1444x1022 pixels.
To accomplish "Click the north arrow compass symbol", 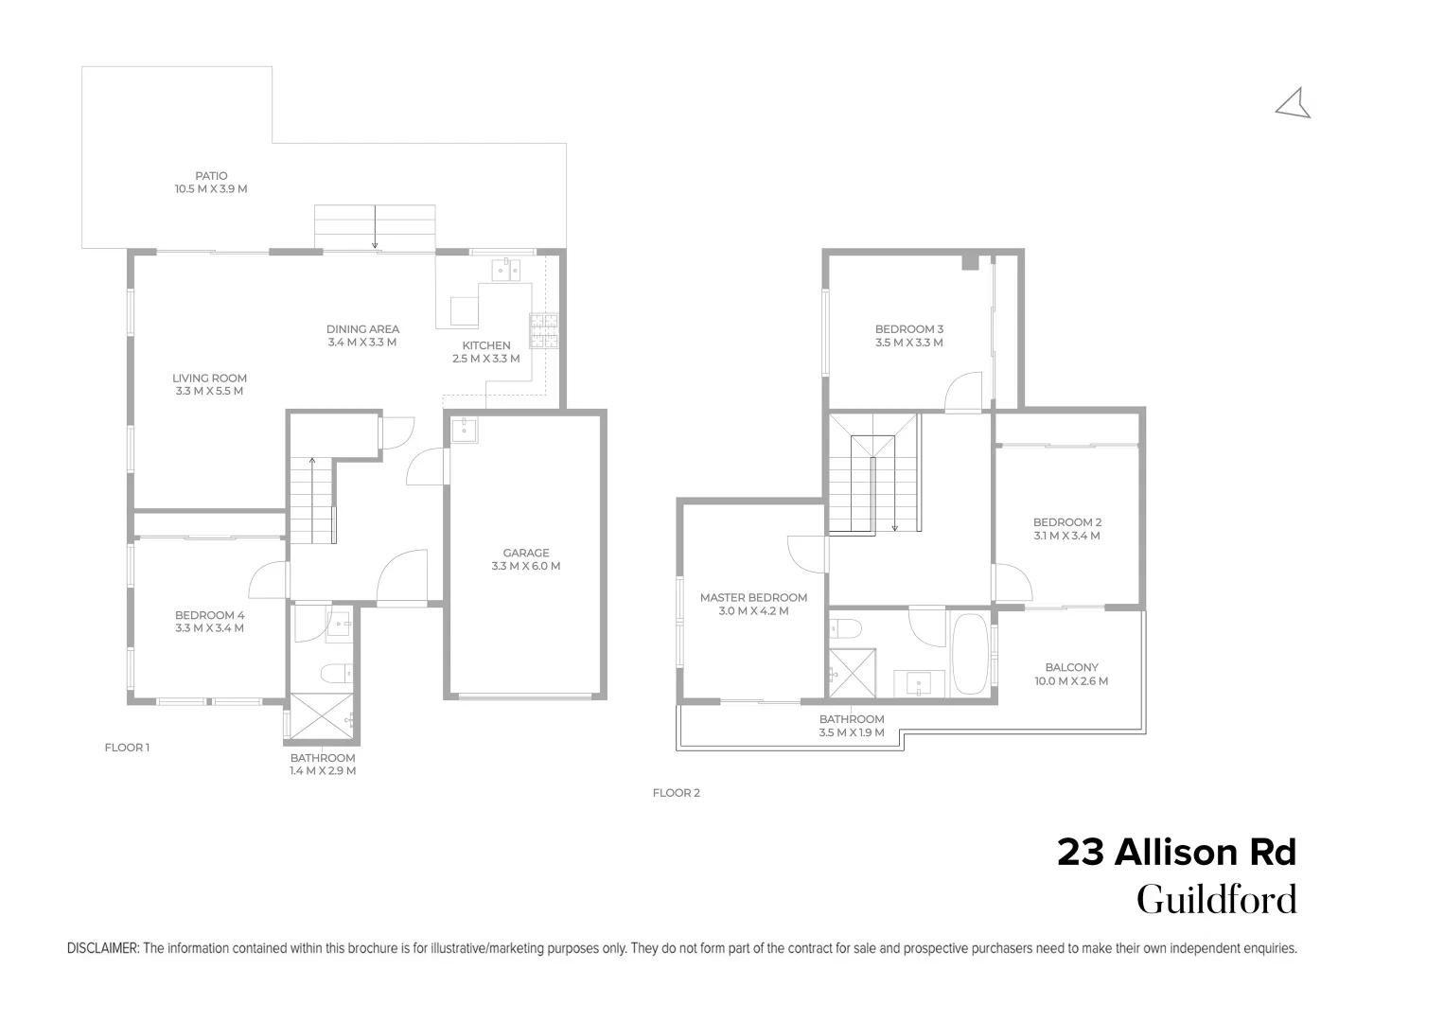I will pos(1294,103).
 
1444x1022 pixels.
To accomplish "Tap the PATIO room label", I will pos(211,176).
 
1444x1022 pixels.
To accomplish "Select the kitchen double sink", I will pos(505,270).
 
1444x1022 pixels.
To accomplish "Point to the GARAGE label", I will pos(526,553).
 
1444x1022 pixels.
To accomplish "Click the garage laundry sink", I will pos(465,431).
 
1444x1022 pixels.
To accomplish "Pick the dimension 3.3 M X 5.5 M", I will pos(209,391).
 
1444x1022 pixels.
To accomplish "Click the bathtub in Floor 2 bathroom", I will pos(970,655).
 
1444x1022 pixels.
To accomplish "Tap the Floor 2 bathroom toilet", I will pos(845,628).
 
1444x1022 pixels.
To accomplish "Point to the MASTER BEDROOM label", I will pos(753,597).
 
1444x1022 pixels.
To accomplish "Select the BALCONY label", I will pos(1071,667).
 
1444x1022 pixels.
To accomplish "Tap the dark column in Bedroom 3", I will pos(970,263).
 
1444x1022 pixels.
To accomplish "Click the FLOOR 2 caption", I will pos(676,793).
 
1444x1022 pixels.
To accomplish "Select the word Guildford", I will pos(1216,900).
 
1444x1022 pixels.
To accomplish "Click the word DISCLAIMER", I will pos(103,948).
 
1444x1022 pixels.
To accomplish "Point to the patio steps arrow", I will pos(375,227).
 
